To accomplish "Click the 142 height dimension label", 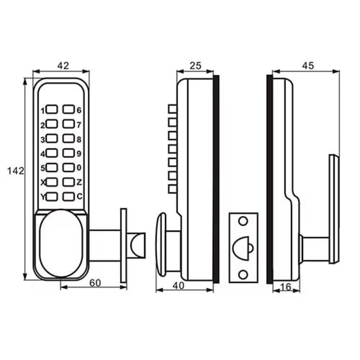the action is pyautogui.click(x=15, y=171).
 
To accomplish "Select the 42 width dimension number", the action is pyautogui.click(x=63, y=66).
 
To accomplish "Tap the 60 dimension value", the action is pyautogui.click(x=95, y=283).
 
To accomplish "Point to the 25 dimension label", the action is pyautogui.click(x=195, y=66).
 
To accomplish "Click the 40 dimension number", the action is pyautogui.click(x=179, y=286).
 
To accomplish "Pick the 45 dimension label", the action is pyautogui.click(x=308, y=66).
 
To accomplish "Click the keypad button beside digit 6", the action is pyautogui.click(x=68, y=109).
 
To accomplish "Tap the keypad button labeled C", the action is pyautogui.click(x=68, y=197).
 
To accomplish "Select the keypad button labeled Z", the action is pyautogui.click(x=68, y=182).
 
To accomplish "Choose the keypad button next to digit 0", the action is pyautogui.click(x=68, y=168).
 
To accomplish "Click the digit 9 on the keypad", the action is pyautogui.click(x=79, y=153).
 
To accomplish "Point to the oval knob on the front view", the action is pyautogui.click(x=61, y=243).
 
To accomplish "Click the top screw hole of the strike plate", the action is pyautogui.click(x=243, y=221).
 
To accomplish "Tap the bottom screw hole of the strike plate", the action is pyautogui.click(x=243, y=275).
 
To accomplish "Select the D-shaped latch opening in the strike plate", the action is pyautogui.click(x=242, y=248).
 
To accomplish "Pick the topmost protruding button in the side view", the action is pyautogui.click(x=172, y=109).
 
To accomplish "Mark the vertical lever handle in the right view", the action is pyautogui.click(x=334, y=209).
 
